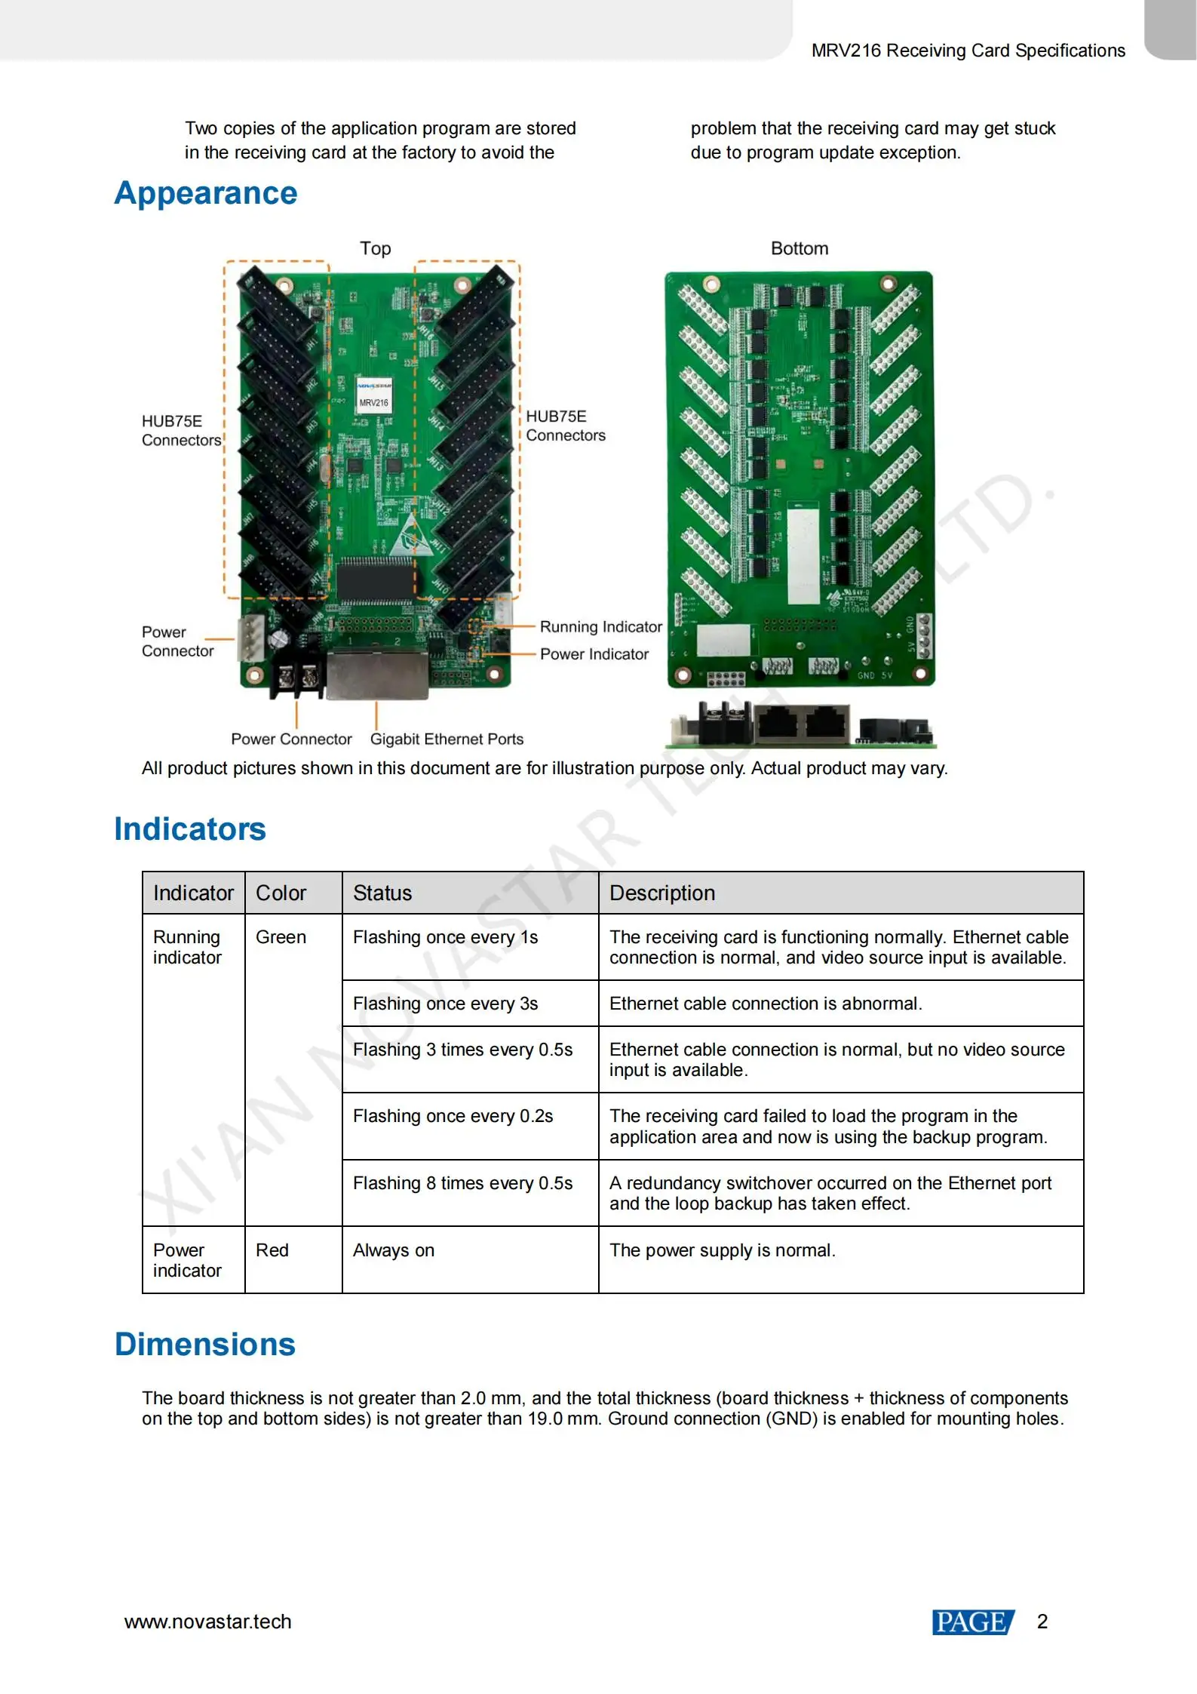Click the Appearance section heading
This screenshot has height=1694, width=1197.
(x=206, y=193)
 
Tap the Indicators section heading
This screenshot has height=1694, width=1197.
(x=190, y=829)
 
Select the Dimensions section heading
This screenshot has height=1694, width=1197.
(x=205, y=1344)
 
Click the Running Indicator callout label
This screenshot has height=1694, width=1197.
(x=600, y=626)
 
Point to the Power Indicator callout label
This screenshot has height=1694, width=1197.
(x=594, y=653)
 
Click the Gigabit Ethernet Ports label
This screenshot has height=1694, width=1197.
(x=447, y=739)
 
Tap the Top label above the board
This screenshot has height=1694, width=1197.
(x=375, y=248)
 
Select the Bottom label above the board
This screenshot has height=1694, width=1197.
(x=799, y=248)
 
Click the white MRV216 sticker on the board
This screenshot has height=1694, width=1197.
(x=373, y=394)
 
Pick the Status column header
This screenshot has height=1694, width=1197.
(x=382, y=893)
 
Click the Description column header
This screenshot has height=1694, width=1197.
(x=661, y=893)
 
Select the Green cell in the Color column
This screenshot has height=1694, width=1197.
(x=281, y=936)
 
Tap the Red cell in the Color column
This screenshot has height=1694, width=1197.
(x=272, y=1250)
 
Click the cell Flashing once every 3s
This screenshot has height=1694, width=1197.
(x=445, y=1003)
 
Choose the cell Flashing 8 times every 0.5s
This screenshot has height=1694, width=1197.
(x=462, y=1182)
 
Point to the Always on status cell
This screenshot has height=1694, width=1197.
(x=393, y=1250)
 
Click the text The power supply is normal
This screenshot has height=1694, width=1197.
(x=722, y=1250)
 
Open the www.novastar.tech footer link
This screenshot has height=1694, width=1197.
(x=207, y=1621)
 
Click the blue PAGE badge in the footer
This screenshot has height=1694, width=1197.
(x=972, y=1621)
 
